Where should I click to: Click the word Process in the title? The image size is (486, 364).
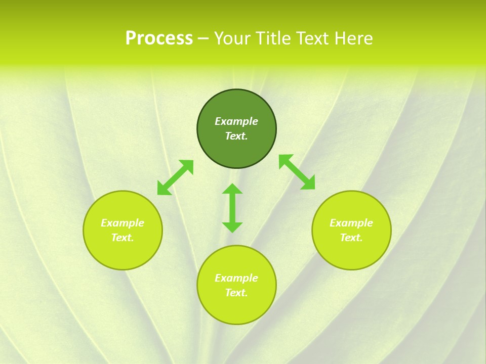[159, 38]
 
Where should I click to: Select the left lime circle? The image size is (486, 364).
[123, 253]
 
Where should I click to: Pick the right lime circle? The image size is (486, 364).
[351, 253]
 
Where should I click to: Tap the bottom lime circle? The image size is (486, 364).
[236, 308]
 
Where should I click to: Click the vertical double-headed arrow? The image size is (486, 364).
[232, 208]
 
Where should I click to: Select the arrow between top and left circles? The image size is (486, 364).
[175, 177]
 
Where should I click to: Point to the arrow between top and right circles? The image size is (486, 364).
[297, 172]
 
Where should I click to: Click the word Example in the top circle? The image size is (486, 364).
[236, 121]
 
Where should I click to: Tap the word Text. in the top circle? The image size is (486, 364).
[236, 136]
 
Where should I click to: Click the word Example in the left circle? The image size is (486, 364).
[123, 223]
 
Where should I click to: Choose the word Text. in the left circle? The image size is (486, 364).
[123, 238]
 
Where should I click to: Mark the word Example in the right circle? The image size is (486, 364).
[351, 223]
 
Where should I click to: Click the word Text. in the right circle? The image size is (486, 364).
[351, 238]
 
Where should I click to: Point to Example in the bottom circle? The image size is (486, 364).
[236, 278]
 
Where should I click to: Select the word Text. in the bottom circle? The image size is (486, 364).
[236, 293]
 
